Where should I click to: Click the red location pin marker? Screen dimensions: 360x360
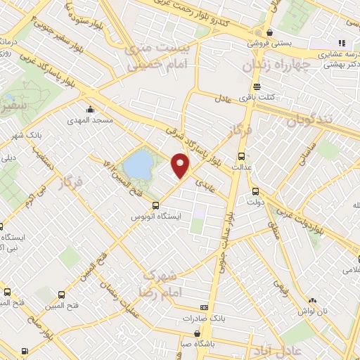coord(181,166)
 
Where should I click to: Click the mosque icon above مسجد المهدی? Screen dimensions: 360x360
coord(90,110)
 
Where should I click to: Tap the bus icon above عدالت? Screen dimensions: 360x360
coord(242,157)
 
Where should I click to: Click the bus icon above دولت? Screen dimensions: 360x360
coord(255,190)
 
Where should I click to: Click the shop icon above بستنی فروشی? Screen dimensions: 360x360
coord(270,32)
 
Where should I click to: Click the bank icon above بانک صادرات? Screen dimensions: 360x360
coord(205,307)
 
